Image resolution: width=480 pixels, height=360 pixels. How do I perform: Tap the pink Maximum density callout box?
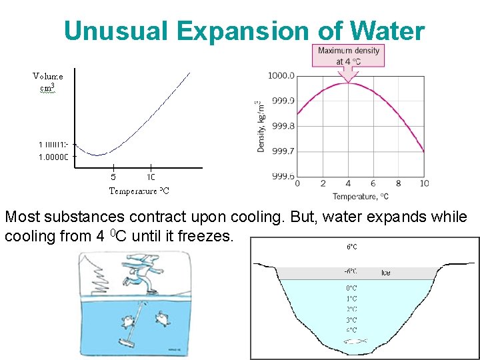[348, 55]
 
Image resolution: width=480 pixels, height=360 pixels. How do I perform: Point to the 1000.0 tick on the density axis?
[281, 76]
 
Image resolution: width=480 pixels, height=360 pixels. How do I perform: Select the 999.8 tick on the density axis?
[281, 126]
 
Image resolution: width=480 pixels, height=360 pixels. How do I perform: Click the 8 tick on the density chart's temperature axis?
[399, 183]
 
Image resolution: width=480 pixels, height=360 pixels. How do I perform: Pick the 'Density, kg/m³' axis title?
[261, 126]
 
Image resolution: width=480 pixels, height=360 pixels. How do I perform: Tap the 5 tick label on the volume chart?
[113, 177]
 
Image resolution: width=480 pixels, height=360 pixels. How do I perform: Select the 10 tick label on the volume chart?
[151, 177]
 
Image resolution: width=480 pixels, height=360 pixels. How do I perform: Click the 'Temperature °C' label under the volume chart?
[139, 191]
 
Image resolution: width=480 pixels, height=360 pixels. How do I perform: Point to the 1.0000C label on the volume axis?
[54, 157]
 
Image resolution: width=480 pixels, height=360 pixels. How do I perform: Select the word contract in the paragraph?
[135, 217]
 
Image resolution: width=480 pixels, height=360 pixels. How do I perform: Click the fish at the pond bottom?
[353, 341]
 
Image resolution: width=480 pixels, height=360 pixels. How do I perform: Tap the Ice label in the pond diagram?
[386, 273]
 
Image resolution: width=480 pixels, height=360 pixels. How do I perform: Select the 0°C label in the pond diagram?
[351, 288]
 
